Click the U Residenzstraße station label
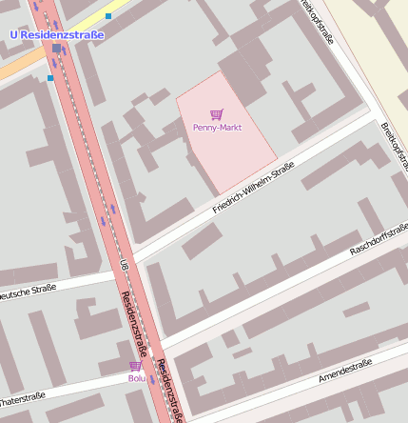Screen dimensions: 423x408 pos(56,34)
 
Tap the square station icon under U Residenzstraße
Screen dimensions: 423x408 pos(57,48)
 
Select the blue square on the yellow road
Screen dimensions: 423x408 pos(108,16)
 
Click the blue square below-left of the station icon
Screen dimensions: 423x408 pos(49,78)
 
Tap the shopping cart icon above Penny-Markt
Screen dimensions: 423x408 pos(216,114)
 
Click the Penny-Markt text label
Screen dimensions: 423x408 pos(218,127)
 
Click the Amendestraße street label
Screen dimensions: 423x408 pos(345,372)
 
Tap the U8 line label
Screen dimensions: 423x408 pos(124,264)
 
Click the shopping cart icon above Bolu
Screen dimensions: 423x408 pos(135,366)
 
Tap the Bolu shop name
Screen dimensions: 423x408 pos(137,378)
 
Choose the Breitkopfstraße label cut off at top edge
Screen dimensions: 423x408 pos(317,21)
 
